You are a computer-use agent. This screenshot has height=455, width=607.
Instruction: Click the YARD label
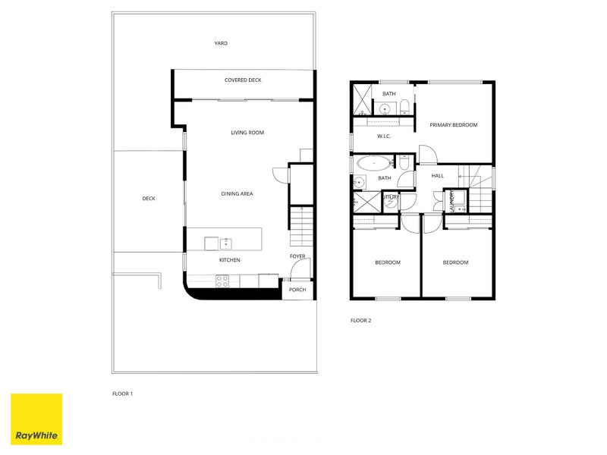(221, 43)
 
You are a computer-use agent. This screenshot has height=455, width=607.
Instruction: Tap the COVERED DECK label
(243, 80)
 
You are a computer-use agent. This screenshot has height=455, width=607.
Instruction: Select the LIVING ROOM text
(247, 133)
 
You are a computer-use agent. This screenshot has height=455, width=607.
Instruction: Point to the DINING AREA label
(237, 194)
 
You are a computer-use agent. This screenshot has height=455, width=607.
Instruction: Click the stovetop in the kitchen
(223, 280)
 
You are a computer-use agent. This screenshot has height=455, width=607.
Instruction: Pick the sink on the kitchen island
(225, 243)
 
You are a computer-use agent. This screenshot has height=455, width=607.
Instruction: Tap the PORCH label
(297, 289)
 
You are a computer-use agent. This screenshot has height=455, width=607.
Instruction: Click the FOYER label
(297, 256)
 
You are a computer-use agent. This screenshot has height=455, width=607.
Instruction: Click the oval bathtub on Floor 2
(373, 162)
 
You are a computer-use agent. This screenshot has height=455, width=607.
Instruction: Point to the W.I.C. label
(384, 136)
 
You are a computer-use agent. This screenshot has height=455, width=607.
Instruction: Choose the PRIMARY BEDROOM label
(453, 125)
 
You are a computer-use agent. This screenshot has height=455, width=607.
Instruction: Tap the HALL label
(438, 176)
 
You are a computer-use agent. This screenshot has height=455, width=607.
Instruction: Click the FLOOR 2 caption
(360, 321)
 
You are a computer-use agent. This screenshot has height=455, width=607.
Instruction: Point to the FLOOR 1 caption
(122, 394)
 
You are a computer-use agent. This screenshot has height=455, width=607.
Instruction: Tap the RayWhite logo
(36, 419)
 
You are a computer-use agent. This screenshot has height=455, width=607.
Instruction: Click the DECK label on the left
(149, 199)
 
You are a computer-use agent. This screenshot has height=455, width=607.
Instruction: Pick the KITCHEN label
(229, 260)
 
